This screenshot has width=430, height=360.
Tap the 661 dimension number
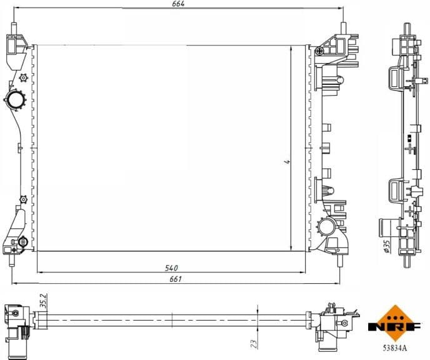coord(176,279)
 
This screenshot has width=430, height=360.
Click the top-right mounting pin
coord(343,30)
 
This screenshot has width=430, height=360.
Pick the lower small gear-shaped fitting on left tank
coord(23,199)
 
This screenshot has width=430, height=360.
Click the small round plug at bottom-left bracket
coord(22,241)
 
